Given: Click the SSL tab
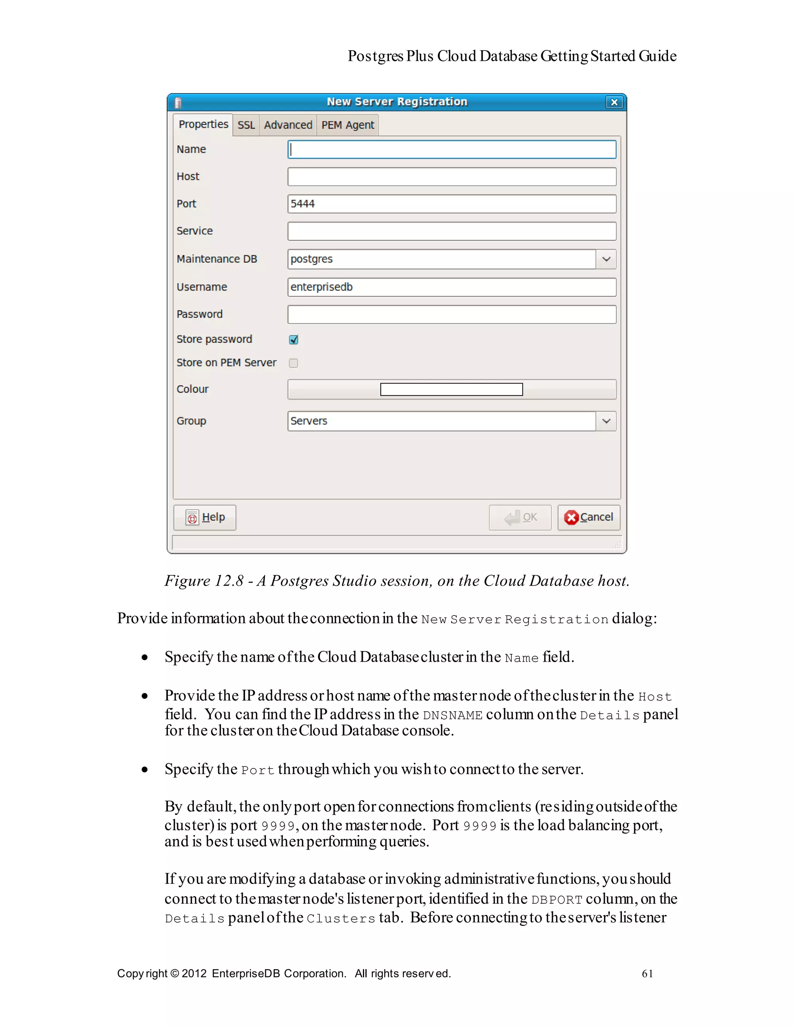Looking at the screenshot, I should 246,125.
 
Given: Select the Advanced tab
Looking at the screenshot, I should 288,125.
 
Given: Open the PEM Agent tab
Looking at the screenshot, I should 347,125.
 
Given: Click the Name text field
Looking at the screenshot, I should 451,150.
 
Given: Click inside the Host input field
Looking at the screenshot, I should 451,177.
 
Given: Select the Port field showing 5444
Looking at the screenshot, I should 451,204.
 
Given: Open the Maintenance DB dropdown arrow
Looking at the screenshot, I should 606,259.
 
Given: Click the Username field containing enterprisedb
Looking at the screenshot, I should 451,287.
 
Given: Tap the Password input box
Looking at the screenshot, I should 451,315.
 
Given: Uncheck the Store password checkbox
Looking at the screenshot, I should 294,339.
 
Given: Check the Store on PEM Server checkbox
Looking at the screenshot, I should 294,363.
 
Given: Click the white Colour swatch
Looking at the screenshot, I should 451,389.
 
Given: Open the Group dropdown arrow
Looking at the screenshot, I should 606,421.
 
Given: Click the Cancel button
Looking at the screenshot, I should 589,517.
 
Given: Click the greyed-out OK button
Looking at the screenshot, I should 520,517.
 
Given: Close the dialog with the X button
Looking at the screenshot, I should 614,102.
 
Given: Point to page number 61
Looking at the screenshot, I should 647,974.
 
